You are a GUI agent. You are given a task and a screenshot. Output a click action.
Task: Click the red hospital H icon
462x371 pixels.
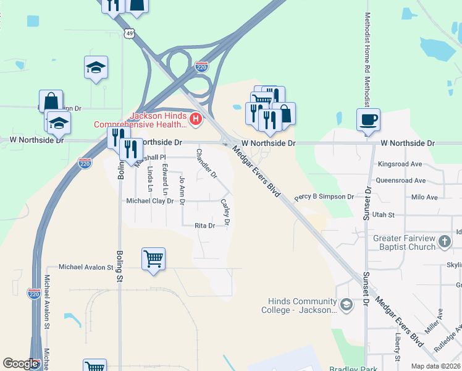(196, 119)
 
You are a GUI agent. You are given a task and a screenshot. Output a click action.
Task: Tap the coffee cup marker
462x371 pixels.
(369, 119)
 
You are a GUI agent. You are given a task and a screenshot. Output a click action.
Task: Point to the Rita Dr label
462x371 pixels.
(204, 226)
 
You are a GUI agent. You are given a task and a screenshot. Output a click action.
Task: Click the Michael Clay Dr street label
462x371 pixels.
(149, 201)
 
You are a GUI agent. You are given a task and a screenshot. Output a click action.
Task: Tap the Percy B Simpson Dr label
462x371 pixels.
(324, 197)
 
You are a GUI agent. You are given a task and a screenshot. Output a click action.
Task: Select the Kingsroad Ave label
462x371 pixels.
(400, 164)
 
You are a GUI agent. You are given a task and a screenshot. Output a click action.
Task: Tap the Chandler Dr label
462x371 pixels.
(207, 163)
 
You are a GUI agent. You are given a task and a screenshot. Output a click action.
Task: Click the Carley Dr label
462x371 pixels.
(226, 212)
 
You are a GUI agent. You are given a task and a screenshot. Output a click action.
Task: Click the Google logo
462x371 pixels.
(21, 364)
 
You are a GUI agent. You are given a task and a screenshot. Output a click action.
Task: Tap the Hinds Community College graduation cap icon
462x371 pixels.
(347, 304)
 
